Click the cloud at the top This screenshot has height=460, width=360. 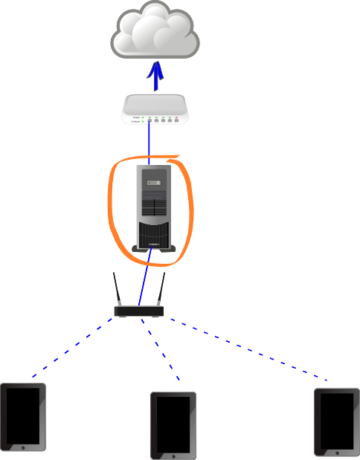coord(155,31)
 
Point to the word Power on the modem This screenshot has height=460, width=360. coord(135,117)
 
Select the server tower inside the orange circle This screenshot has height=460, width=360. coord(154,208)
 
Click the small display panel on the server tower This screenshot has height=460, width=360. coord(153,181)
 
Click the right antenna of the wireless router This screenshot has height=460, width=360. coord(160,290)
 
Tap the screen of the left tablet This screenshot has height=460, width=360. coord(23,415)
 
